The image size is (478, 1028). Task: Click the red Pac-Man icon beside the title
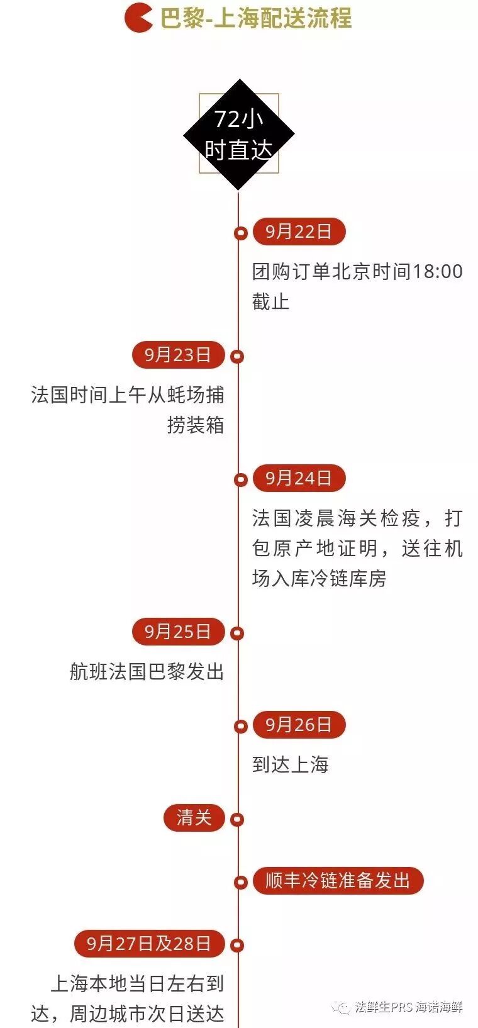click(x=138, y=18)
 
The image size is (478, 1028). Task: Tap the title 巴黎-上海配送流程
click(x=255, y=18)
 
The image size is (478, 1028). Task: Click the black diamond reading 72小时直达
click(x=239, y=135)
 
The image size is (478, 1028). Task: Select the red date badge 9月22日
click(x=299, y=232)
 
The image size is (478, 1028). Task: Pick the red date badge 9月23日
click(x=178, y=355)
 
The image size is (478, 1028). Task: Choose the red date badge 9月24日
click(x=299, y=478)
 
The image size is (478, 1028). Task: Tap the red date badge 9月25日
click(x=178, y=632)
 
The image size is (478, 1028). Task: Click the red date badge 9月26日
click(x=299, y=725)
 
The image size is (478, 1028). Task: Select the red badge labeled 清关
click(x=194, y=818)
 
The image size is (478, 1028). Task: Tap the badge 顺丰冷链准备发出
click(x=338, y=880)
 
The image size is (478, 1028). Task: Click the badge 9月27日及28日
click(x=149, y=944)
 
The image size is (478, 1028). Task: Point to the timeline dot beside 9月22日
click(x=240, y=233)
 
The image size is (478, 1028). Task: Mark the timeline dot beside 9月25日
click(x=237, y=634)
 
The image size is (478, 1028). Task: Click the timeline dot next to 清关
click(x=237, y=819)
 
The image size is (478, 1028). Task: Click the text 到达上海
click(x=291, y=764)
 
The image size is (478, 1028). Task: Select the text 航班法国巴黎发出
click(x=147, y=672)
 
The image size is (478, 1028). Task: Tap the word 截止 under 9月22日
click(x=271, y=302)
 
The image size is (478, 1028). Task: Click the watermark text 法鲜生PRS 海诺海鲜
click(x=408, y=1007)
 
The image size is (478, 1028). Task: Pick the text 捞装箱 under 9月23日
click(x=196, y=425)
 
